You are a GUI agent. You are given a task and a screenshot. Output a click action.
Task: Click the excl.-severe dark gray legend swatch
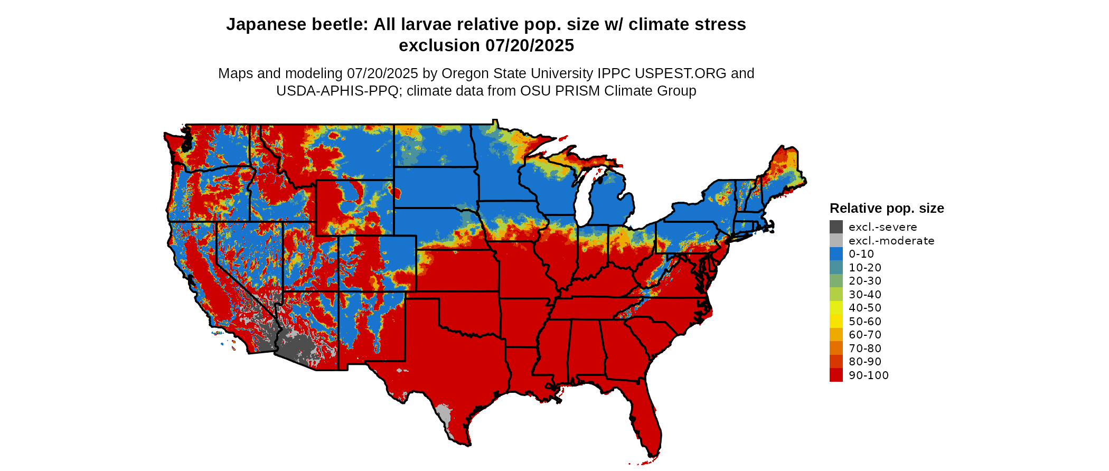(836, 227)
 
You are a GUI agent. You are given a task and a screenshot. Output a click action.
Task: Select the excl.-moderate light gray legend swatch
(836, 241)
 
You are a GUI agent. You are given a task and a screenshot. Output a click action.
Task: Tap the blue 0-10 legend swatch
(836, 254)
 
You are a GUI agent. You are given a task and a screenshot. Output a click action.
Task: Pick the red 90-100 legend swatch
(836, 375)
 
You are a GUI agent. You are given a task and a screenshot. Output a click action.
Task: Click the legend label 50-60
(865, 322)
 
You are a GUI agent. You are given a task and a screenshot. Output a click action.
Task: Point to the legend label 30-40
(865, 295)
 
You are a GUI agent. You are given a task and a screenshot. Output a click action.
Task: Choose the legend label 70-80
(865, 348)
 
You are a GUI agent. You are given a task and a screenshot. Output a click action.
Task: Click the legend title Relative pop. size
(887, 209)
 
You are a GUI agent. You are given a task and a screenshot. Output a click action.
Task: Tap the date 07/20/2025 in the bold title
(530, 46)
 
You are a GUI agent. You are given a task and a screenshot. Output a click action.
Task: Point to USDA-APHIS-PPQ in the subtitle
(337, 91)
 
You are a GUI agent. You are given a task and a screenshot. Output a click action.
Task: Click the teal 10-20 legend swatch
(836, 268)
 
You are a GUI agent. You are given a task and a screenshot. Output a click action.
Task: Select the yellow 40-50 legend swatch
(836, 308)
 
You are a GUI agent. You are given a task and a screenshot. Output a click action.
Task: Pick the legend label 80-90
(865, 362)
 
